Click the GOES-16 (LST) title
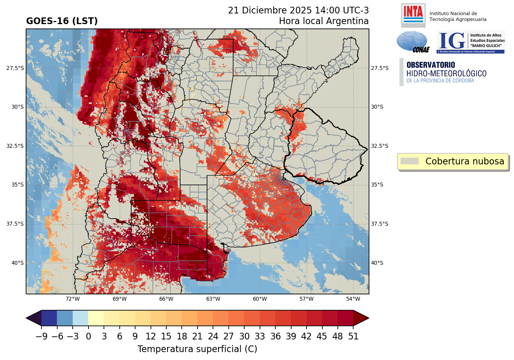(62, 21)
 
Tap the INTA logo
(413, 15)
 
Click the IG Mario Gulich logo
(470, 42)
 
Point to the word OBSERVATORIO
(431, 65)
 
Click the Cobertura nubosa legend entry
(453, 161)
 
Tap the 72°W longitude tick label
(73, 299)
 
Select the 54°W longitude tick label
(353, 299)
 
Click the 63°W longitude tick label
(213, 299)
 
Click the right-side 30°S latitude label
(377, 107)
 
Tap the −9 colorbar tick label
(41, 337)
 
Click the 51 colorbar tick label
(353, 337)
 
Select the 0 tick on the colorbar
(88, 337)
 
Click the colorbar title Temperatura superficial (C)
(197, 349)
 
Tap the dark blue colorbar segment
(49, 318)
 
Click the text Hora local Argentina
(324, 21)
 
